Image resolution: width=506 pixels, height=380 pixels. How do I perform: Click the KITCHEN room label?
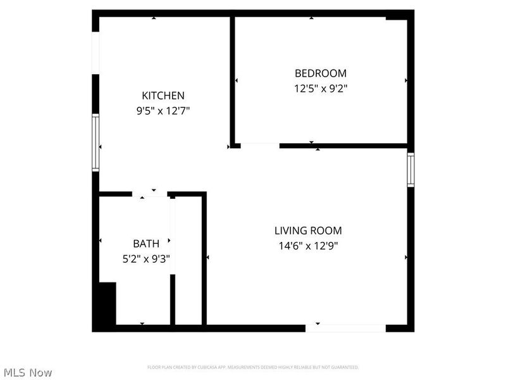click(163, 96)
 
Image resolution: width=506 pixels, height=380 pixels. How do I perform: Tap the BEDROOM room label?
click(321, 73)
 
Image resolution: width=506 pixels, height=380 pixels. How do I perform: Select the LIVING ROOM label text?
click(307, 231)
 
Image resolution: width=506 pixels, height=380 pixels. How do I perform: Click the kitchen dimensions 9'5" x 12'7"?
click(163, 111)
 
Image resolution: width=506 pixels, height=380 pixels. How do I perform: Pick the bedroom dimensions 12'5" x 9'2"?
click(321, 89)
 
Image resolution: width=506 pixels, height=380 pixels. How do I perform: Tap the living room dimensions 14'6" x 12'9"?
click(307, 246)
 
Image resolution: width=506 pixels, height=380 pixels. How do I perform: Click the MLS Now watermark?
click(27, 372)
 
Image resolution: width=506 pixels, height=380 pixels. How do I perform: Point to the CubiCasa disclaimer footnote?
click(253, 367)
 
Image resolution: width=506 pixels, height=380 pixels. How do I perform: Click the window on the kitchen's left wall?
click(96, 142)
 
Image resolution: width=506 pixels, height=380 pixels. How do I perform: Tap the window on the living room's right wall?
click(410, 169)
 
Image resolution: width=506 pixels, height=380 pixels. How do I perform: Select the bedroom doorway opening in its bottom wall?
click(259, 146)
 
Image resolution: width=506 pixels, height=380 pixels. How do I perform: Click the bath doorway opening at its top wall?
click(150, 194)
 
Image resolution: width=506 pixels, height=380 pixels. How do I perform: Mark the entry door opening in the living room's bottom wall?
click(346, 328)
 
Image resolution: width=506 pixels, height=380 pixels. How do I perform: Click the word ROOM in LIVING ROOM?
click(328, 231)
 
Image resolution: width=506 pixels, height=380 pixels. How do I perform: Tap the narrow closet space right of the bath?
click(187, 260)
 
